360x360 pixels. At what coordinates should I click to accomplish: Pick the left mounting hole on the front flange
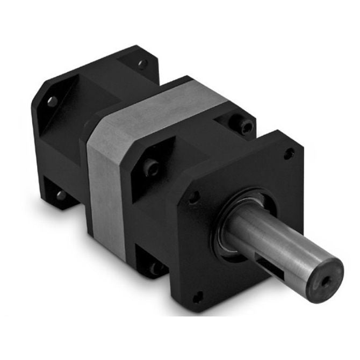(x=192, y=197)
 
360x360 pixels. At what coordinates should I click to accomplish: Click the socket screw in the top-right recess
(x=246, y=125)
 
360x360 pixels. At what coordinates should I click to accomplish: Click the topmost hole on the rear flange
(x=142, y=64)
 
